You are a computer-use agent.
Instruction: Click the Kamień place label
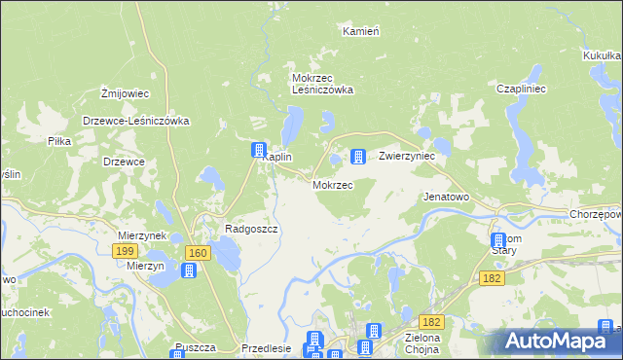(x=360, y=31)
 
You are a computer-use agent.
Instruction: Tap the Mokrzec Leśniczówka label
(x=322, y=84)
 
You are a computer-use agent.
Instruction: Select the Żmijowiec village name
(x=125, y=93)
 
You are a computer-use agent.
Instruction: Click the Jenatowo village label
(x=446, y=196)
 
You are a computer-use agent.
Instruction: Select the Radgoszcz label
(x=252, y=229)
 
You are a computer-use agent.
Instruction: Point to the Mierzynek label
(x=142, y=235)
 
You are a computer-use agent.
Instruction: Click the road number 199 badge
(x=124, y=251)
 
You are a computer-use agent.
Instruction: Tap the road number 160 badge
(x=199, y=253)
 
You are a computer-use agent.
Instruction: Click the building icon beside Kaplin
(x=259, y=151)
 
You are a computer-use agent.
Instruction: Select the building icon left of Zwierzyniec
(x=357, y=156)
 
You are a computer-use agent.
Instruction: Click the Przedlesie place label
(x=265, y=349)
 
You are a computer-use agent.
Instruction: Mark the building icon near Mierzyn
(x=189, y=269)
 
